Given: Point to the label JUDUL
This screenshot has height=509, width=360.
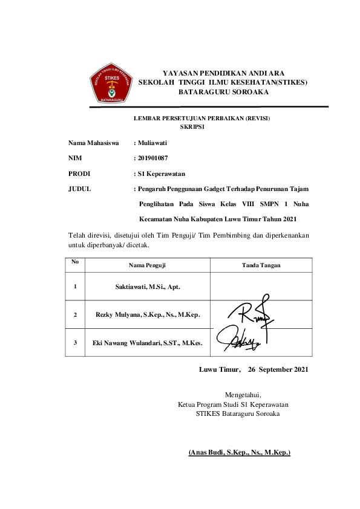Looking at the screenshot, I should click(80, 189).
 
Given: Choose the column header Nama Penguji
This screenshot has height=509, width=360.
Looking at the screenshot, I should click(147, 265).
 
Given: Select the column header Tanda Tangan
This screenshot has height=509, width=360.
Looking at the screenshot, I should click(261, 265).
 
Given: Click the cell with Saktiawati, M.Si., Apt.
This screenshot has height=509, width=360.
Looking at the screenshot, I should click(148, 286).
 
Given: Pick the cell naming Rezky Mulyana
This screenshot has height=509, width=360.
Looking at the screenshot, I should click(148, 314).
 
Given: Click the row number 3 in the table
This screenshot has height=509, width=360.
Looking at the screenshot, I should click(75, 343).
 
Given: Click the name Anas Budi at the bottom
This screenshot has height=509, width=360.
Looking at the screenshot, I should click(240, 452).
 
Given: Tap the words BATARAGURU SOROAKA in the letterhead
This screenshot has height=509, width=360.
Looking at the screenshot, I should click(223, 92).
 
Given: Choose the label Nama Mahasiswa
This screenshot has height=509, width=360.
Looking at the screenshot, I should click(93, 143).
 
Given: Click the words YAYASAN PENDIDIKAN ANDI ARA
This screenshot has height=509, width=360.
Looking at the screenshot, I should click(224, 72).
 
